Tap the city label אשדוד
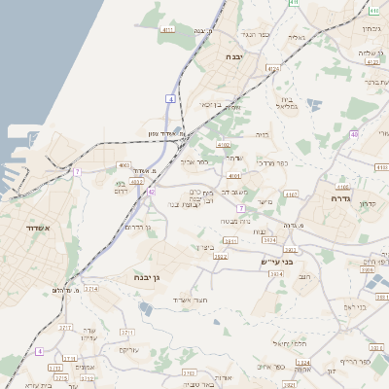[x=41, y=229]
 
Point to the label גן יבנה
[x=153, y=277]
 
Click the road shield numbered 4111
[x=169, y=30]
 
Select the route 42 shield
[x=151, y=192]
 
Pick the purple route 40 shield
[x=355, y=133]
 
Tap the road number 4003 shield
[x=124, y=166]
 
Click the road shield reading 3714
[x=90, y=289]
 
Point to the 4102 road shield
[x=224, y=143]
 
